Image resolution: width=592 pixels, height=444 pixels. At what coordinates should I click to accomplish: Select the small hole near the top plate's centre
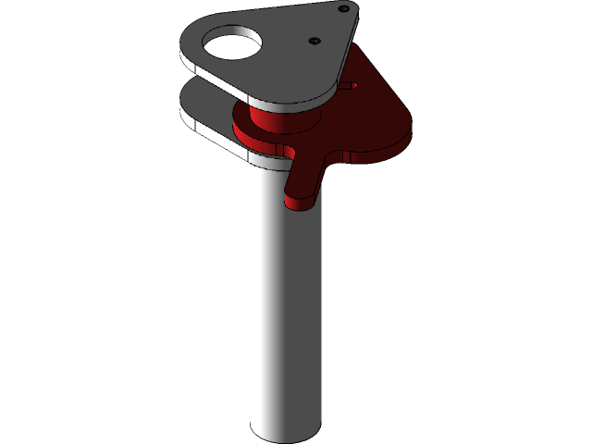coord(314,41)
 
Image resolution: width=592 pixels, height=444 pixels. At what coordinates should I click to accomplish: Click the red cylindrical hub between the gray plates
coord(277,124)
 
